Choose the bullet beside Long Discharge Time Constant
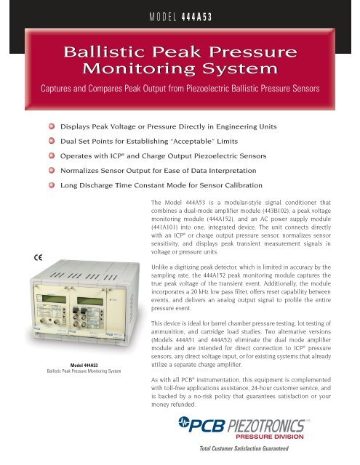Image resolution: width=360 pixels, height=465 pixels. tap(52, 191)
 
